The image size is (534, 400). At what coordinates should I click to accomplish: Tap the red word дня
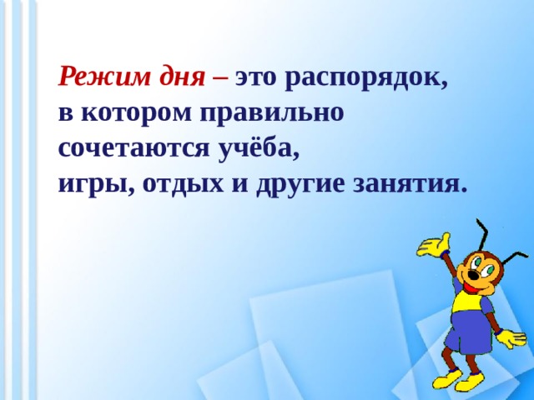click(x=184, y=78)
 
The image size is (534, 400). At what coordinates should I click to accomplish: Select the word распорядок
click(x=368, y=78)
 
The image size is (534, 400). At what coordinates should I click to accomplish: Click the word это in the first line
click(x=257, y=78)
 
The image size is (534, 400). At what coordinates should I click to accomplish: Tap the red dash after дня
click(x=220, y=78)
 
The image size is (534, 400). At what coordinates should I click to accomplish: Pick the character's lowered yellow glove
click(x=513, y=339)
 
